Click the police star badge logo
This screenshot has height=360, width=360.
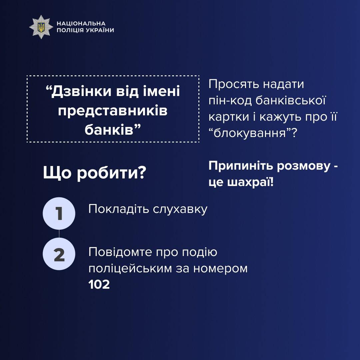click(x=41, y=27)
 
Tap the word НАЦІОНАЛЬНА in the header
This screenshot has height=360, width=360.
click(x=81, y=23)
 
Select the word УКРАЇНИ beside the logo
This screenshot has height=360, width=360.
click(x=100, y=30)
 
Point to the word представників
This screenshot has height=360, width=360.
click(x=113, y=111)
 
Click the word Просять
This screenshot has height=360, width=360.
click(x=234, y=84)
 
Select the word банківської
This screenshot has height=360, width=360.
click(x=290, y=100)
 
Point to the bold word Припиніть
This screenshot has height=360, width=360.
click(x=241, y=166)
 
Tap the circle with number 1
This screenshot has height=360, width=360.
click(x=59, y=213)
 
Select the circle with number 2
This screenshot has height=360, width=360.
click(x=59, y=254)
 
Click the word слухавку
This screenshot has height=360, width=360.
click(x=180, y=209)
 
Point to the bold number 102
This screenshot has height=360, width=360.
click(x=99, y=284)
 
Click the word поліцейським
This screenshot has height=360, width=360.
click(x=130, y=268)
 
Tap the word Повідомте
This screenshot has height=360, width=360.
click(x=120, y=252)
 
